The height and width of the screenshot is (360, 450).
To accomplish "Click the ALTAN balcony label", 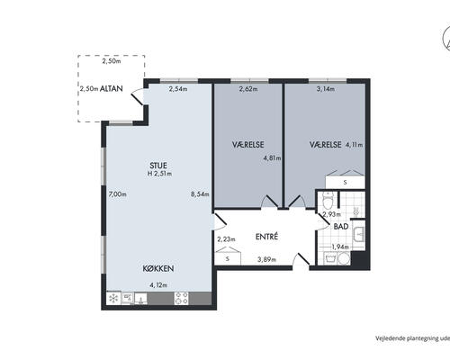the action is (x=112, y=88).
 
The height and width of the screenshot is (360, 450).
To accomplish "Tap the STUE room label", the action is (x=158, y=166).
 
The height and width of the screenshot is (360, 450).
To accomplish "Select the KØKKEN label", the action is (x=158, y=268).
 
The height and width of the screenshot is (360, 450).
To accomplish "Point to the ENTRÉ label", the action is (x=266, y=237).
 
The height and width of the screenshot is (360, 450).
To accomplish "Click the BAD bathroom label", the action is (x=341, y=227).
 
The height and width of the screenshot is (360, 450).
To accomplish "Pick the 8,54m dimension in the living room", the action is (x=200, y=194).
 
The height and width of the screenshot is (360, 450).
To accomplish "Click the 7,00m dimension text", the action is (x=117, y=194).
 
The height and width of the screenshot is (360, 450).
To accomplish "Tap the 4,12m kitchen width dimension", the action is (x=158, y=285).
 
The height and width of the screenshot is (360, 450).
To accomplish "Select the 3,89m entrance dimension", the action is (x=266, y=259).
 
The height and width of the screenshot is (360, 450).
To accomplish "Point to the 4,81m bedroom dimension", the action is (x=272, y=158).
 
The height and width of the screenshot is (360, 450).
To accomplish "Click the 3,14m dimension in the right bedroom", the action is (x=326, y=89).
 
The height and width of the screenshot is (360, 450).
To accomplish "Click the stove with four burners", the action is (x=182, y=298).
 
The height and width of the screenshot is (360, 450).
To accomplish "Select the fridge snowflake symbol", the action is (x=114, y=298).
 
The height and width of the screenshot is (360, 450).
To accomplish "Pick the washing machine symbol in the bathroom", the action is (x=330, y=258).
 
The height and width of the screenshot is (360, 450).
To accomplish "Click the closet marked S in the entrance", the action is (x=228, y=258).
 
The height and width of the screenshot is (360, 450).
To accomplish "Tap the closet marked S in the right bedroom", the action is (x=345, y=182).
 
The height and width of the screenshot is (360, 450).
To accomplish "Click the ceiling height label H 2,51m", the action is (x=159, y=174).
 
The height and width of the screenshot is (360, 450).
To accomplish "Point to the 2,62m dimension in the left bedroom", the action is (x=248, y=89).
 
